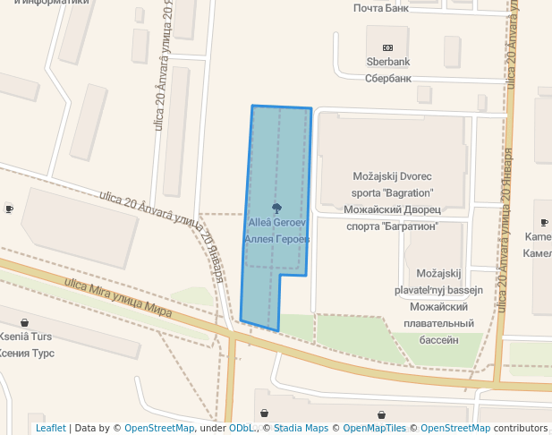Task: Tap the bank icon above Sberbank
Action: [x=387, y=47]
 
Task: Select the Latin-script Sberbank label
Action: [x=387, y=63]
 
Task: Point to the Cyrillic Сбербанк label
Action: [x=387, y=78]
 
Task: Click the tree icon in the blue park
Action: [x=275, y=207]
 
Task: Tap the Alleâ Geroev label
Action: [x=277, y=222]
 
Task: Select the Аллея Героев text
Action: [x=276, y=239]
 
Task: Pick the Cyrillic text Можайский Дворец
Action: [x=392, y=210]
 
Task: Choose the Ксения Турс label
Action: [x=26, y=353]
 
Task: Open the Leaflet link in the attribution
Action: [x=51, y=429]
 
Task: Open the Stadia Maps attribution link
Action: [x=300, y=429]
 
